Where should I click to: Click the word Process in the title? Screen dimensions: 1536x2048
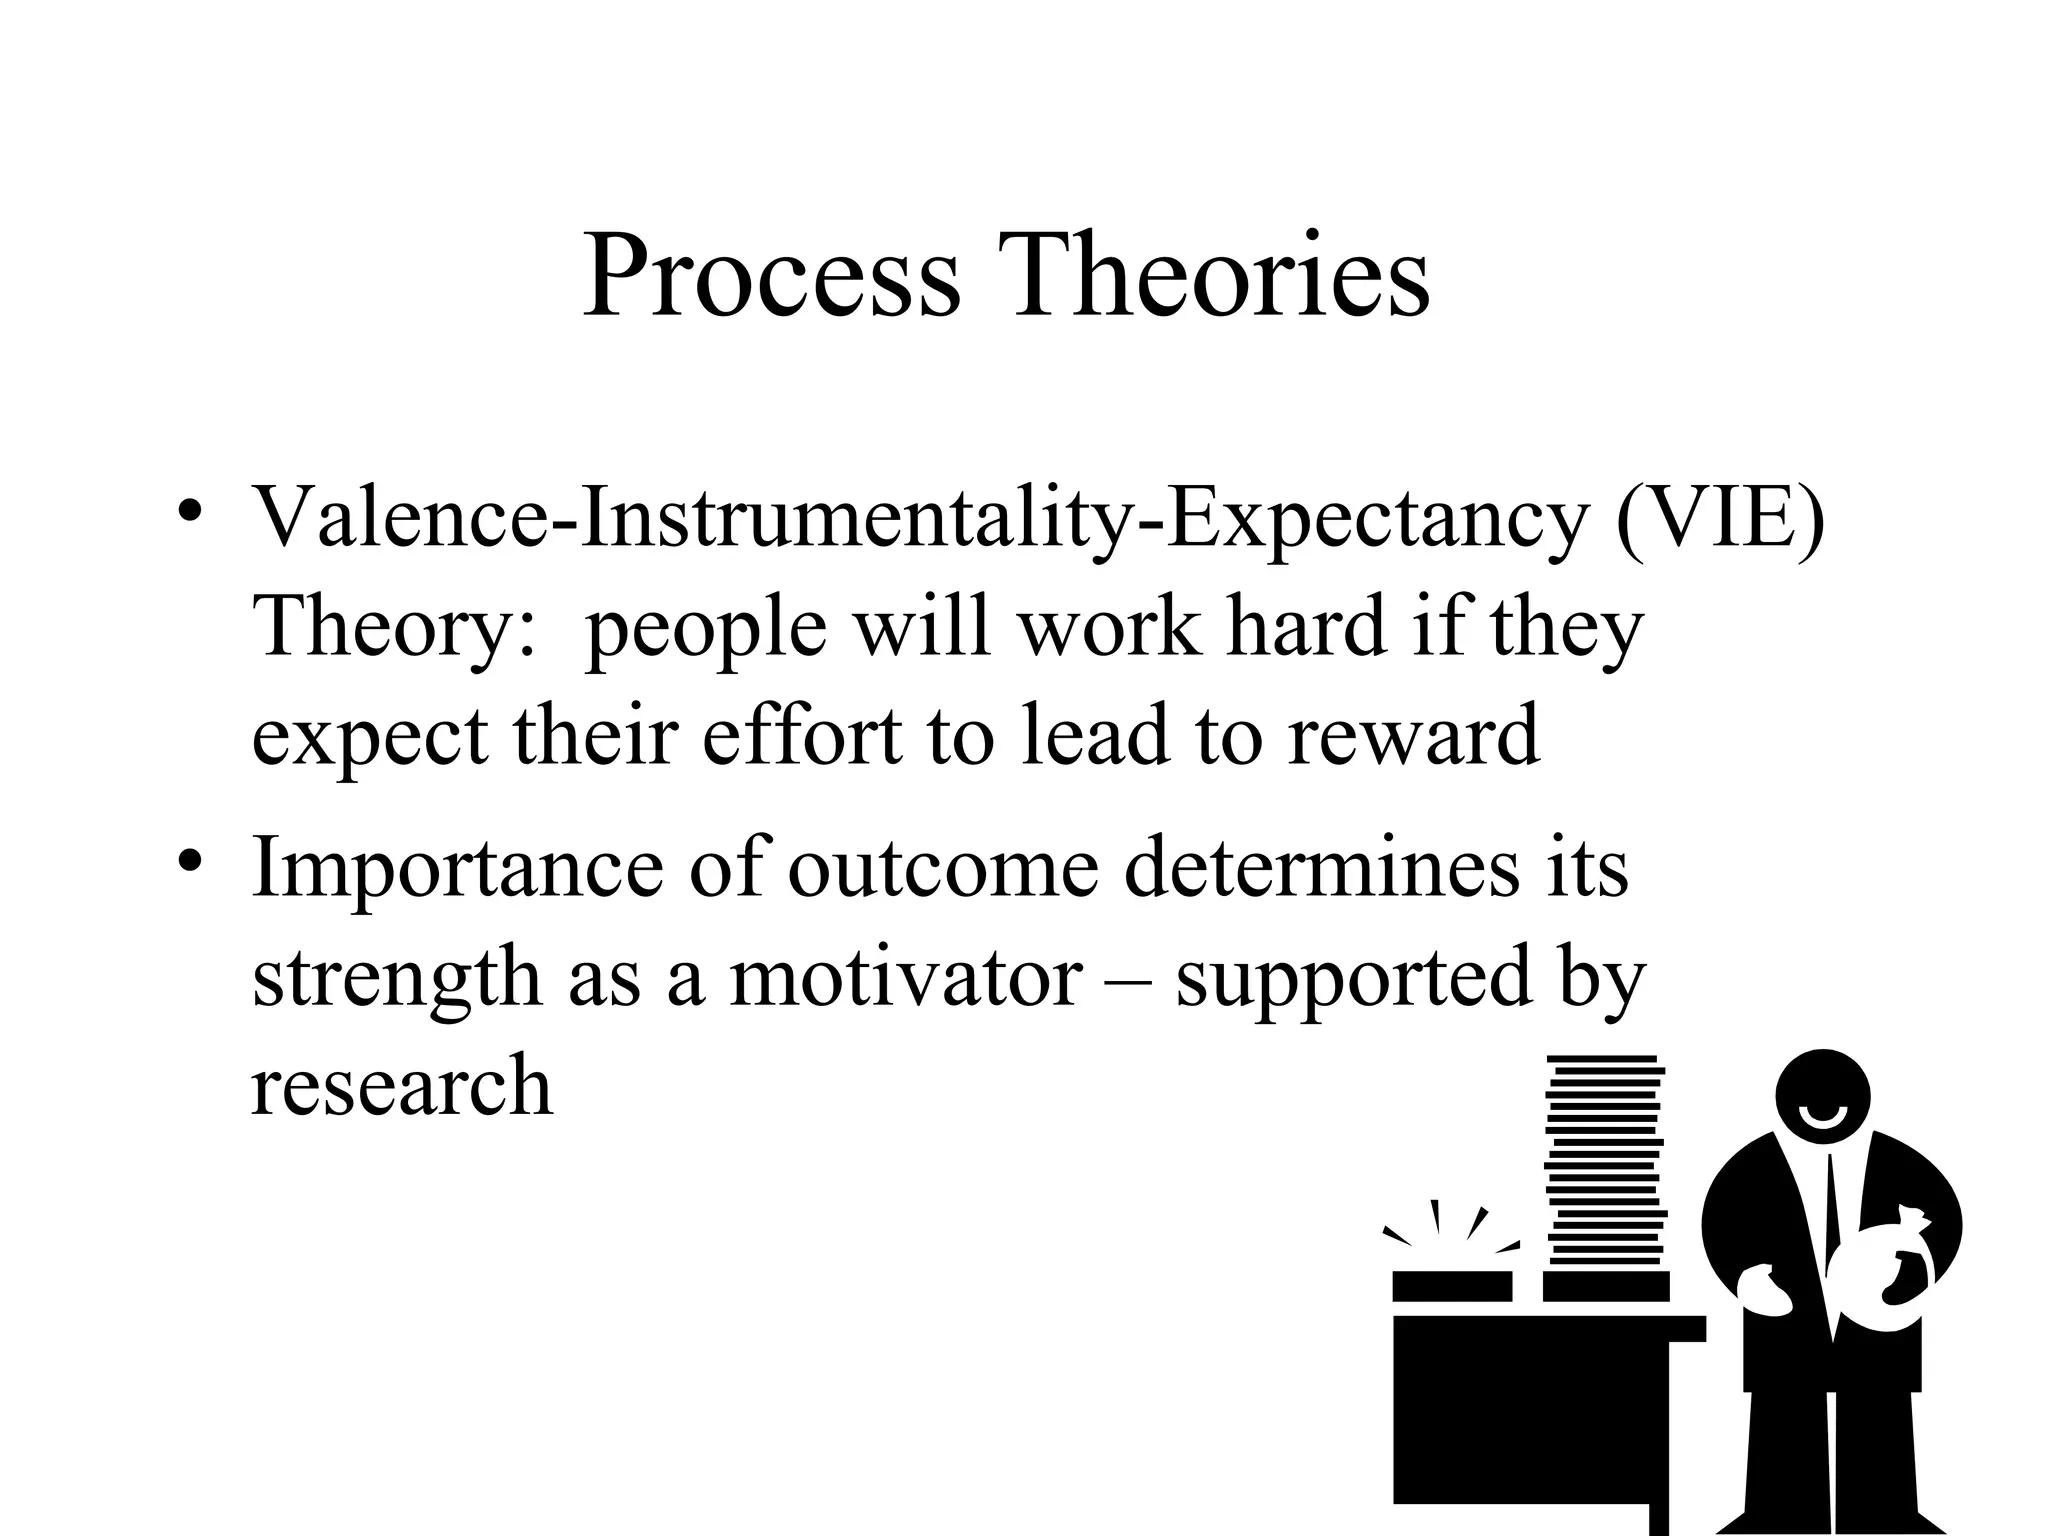[770, 277]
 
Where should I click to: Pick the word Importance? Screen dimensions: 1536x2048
[456, 868]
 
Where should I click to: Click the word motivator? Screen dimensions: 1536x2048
[906, 977]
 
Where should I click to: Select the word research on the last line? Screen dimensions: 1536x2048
[401, 1086]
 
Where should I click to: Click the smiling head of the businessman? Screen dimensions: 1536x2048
[1823, 1096]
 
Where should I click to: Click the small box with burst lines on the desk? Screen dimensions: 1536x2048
[1452, 1284]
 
